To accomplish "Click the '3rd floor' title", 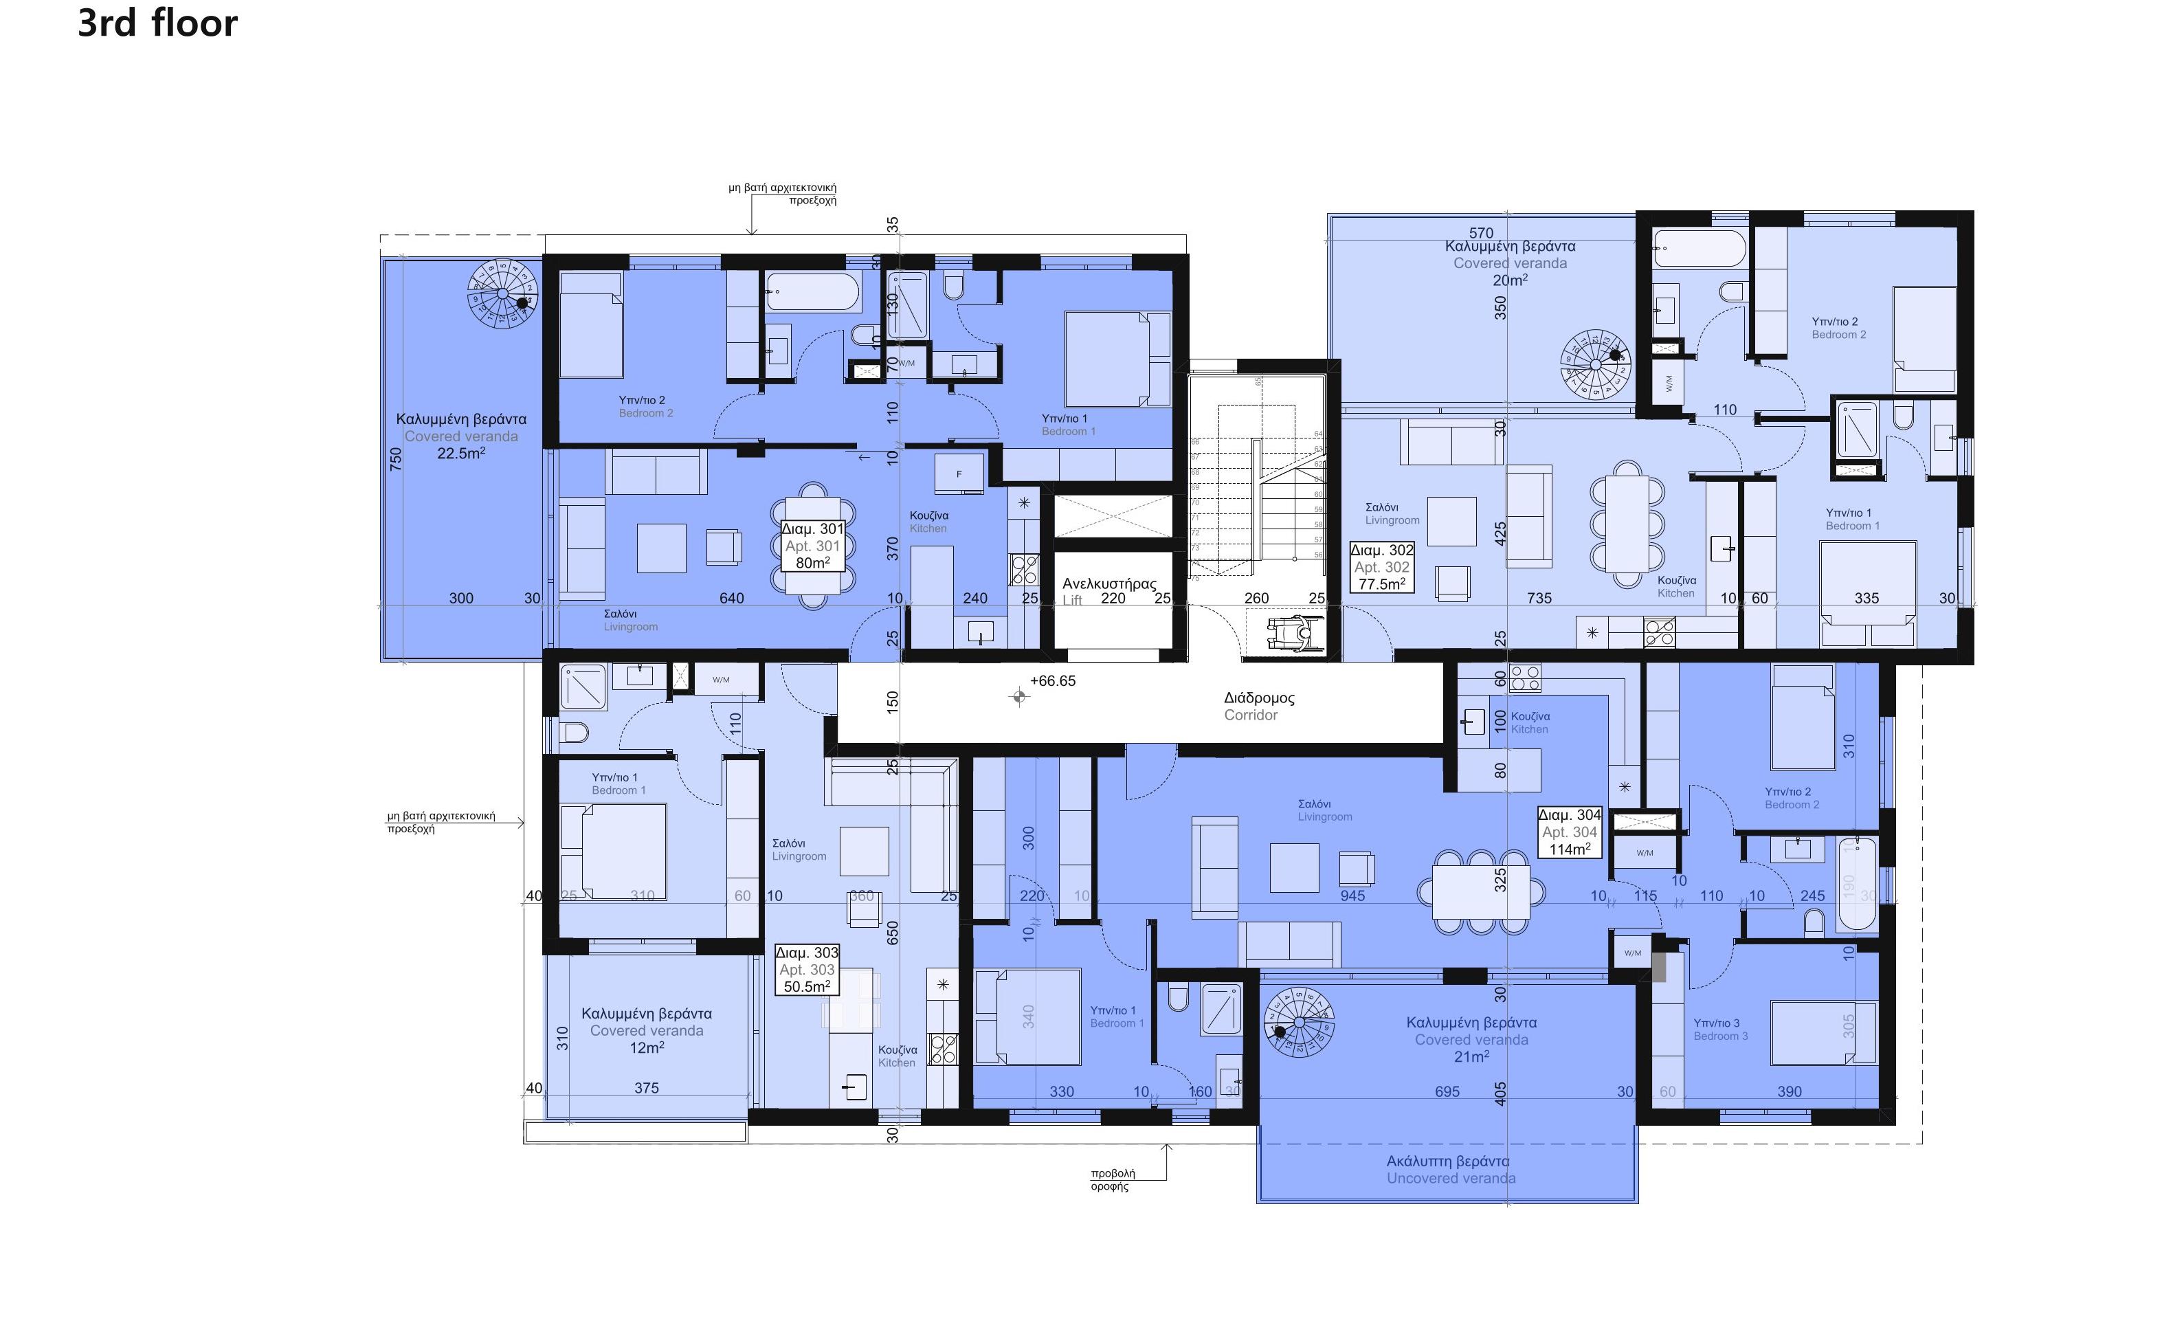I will tap(158, 23).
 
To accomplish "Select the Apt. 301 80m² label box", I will tap(812, 545).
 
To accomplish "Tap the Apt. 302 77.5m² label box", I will tap(1381, 566).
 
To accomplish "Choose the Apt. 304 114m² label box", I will tap(1569, 831).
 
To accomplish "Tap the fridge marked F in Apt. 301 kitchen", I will tap(958, 474).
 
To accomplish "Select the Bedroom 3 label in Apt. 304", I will tap(1719, 1029).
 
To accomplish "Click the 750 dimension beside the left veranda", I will tap(395, 458).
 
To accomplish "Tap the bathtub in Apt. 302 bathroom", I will tap(1698, 248).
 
